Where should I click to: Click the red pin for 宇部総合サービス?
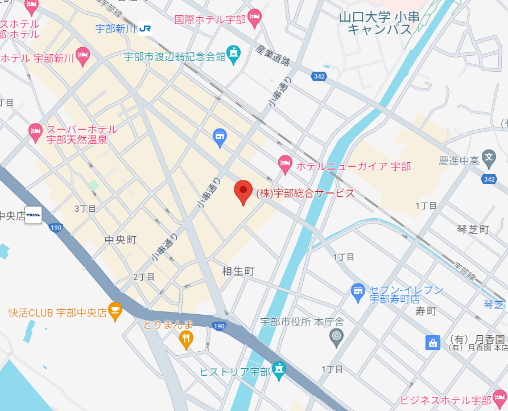coord(243,192)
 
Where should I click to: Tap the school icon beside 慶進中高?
coord(489,157)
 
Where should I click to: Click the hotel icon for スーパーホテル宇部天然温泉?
coord(36,133)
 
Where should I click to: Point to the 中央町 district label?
coord(121,240)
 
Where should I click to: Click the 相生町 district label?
coord(238,271)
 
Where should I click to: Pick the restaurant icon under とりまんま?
coord(185,340)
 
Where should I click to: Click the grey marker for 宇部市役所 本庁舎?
coord(337,336)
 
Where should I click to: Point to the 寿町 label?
coord(426,311)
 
